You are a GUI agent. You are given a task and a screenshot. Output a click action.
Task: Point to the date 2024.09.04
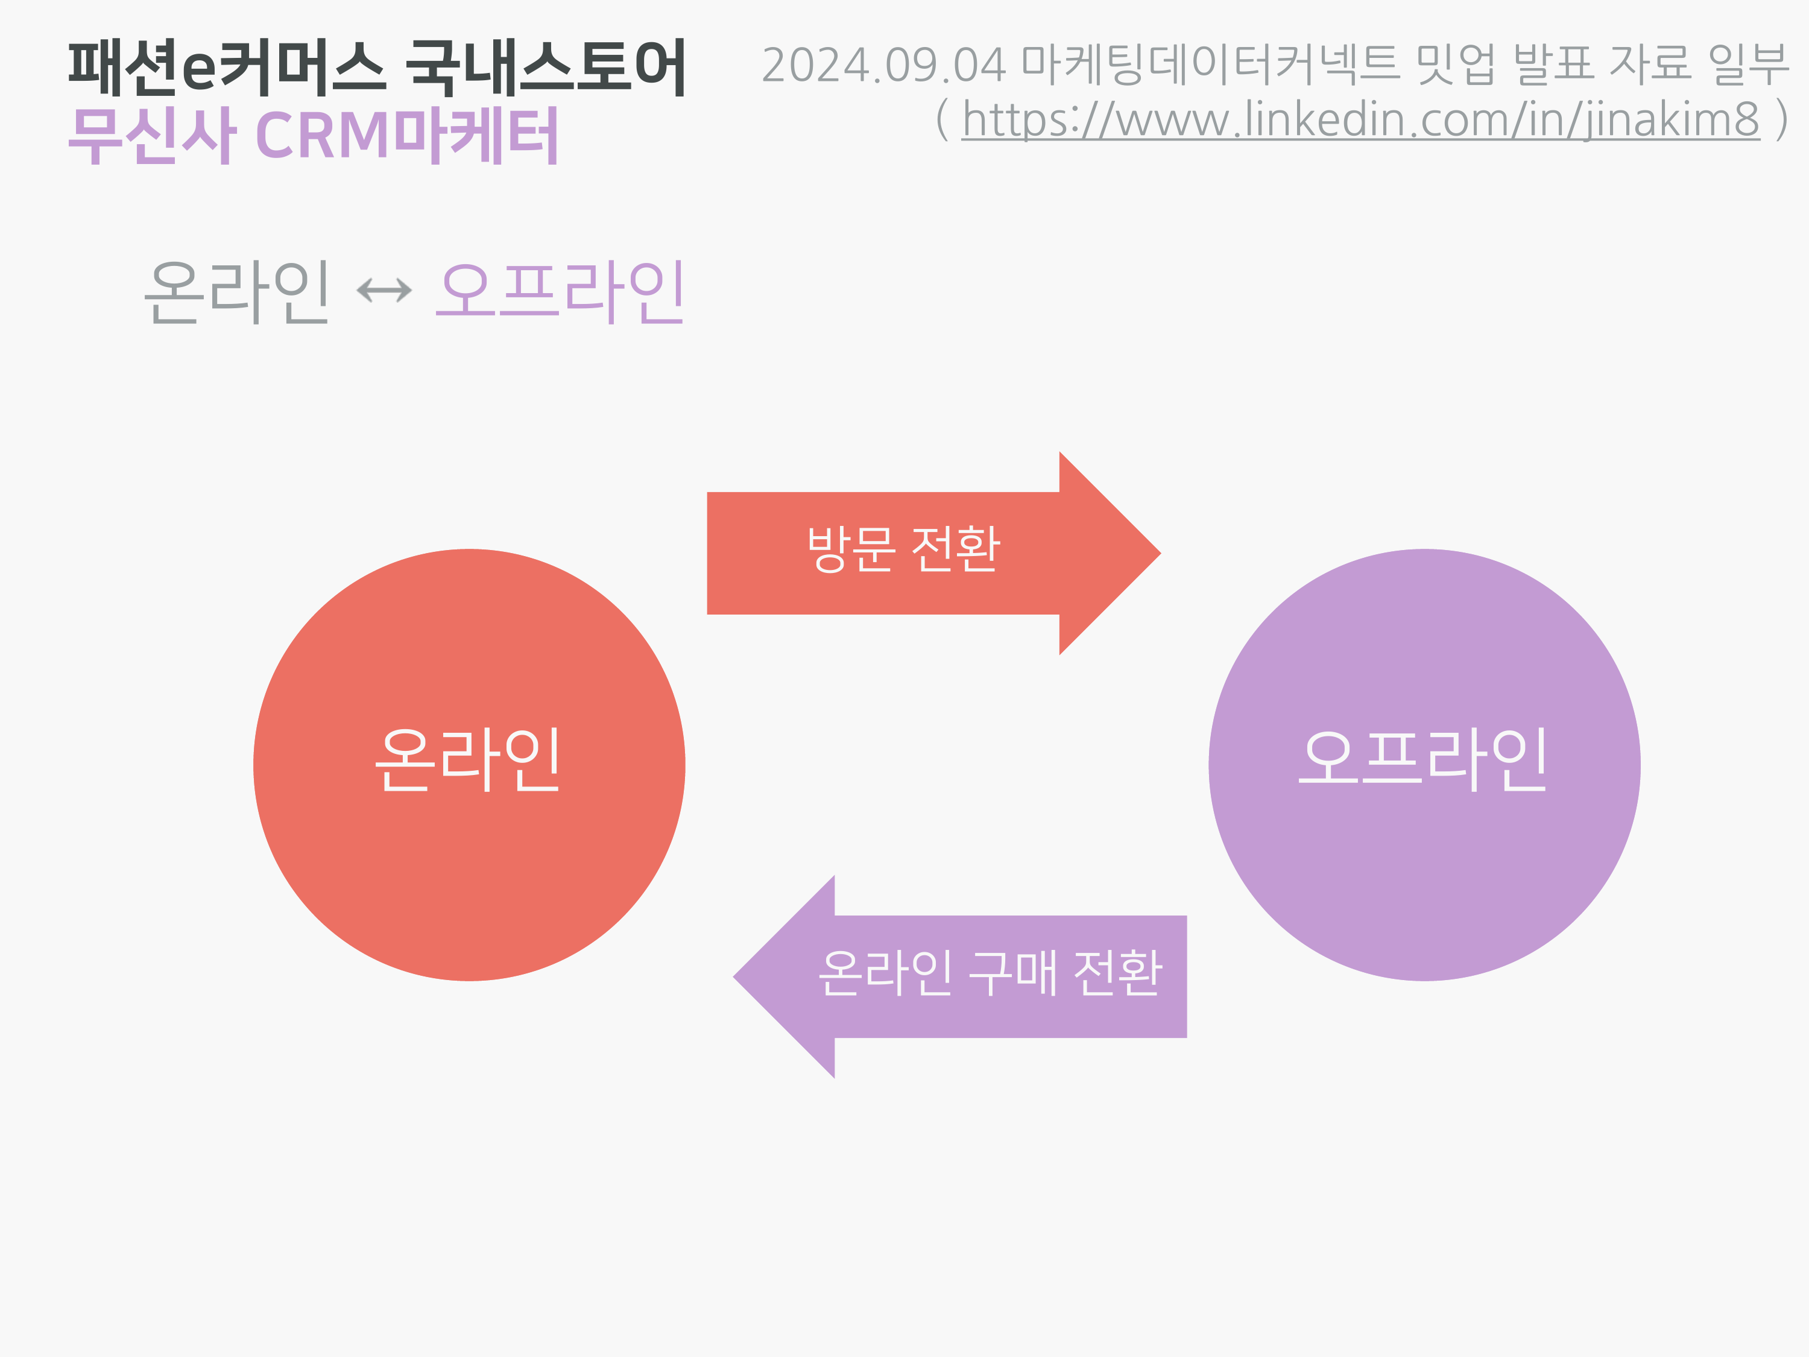coord(883,65)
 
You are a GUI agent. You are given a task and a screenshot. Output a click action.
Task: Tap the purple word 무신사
coord(152,135)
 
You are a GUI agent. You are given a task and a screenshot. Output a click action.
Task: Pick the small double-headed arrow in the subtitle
coord(384,290)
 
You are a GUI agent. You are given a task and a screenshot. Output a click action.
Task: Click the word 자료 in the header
coord(1650,65)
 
